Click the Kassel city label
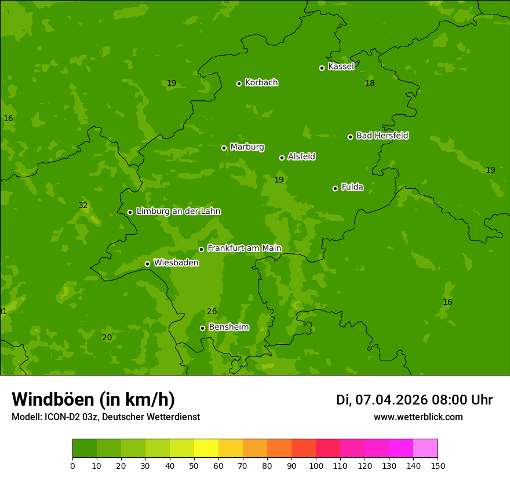[x=341, y=67]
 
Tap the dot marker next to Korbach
[x=239, y=83]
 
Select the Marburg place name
[x=247, y=147]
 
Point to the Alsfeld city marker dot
[x=282, y=158]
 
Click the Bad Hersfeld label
[x=382, y=136]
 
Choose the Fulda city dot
[x=335, y=188]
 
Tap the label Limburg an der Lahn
[x=178, y=211]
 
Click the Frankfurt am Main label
[x=244, y=248]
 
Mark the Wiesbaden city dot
[x=147, y=264]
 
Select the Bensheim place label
[x=228, y=327]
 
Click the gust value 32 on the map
[x=83, y=205]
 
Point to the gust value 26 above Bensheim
[x=212, y=311]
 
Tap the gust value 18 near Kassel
[x=370, y=83]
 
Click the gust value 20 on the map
[x=107, y=337]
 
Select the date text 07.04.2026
[x=391, y=400]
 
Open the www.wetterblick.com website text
[x=418, y=417]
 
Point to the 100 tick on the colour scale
[x=316, y=465]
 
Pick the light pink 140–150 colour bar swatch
[x=425, y=449]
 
